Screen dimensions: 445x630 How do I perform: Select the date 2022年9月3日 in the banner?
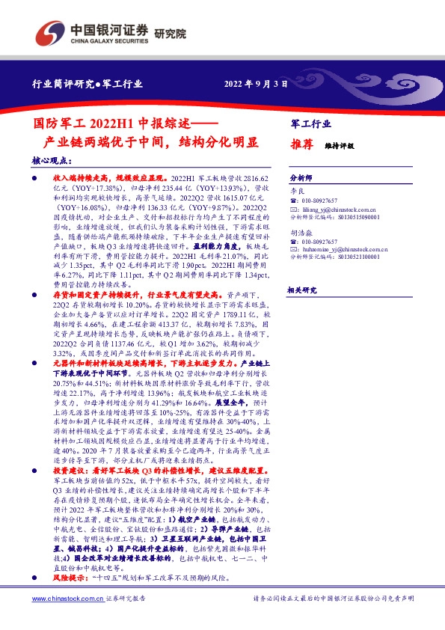(257, 84)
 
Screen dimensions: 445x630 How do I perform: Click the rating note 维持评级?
(338, 147)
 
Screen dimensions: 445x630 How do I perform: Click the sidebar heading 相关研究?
(302, 290)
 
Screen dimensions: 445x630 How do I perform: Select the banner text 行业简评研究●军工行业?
(83, 84)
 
